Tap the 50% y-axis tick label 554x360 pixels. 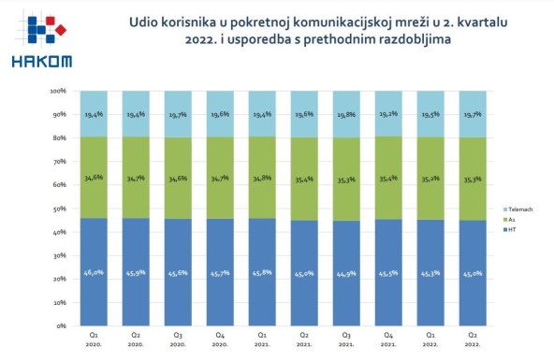[x=57, y=209]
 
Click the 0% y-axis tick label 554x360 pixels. [x=58, y=326]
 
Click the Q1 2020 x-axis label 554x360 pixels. [x=95, y=338]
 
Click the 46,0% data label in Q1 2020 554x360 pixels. [x=95, y=273]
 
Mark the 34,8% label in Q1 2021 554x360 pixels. [x=264, y=178]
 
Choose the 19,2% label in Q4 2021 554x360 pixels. [x=391, y=114]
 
